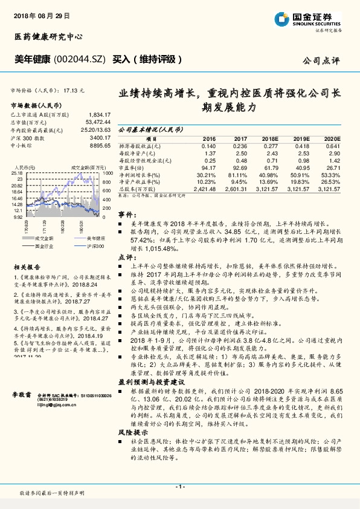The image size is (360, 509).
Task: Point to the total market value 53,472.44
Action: (98, 122)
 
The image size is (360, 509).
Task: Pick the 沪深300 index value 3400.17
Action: (100, 137)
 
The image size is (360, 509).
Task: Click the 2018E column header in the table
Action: (271, 138)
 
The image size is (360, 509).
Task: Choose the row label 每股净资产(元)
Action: (138, 152)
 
